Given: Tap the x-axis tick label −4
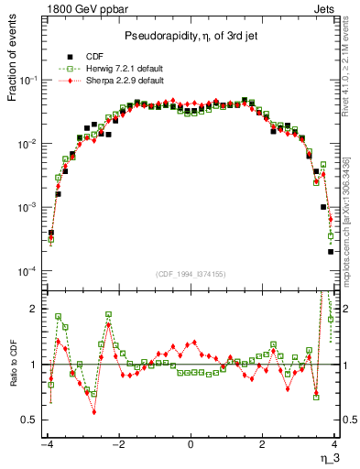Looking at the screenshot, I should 46,446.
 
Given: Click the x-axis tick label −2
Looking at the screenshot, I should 117,446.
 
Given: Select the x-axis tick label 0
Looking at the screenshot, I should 191,446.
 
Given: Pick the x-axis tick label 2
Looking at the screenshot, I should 263,446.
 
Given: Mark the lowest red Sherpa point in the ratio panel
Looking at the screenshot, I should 94,412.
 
